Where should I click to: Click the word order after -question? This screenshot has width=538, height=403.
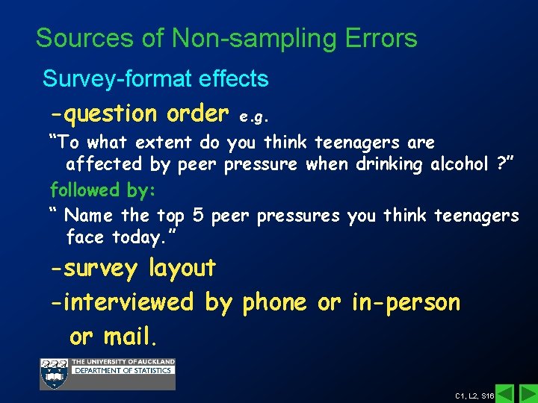(197, 113)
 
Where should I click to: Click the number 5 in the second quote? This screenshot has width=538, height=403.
(198, 216)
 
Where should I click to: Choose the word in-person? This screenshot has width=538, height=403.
(406, 302)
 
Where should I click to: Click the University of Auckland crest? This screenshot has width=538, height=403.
(54, 373)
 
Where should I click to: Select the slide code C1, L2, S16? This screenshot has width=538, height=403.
(474, 395)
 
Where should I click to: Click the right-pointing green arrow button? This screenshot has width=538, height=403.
(528, 393)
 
